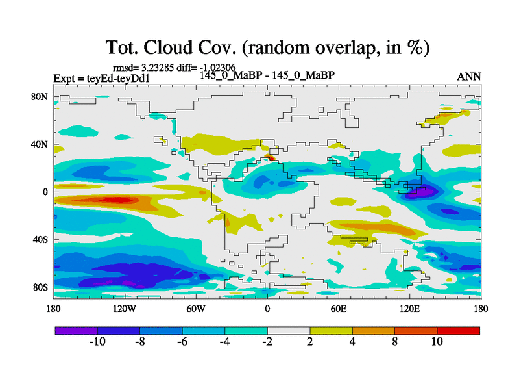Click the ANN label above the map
click(x=469, y=76)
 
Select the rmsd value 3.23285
click(x=159, y=67)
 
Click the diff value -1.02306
click(x=215, y=67)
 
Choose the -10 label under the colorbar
click(x=97, y=342)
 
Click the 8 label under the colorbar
click(x=394, y=342)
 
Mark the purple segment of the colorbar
click(x=76, y=330)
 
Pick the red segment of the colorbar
click(x=458, y=330)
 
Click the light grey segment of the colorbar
click(x=289, y=330)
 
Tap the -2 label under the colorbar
click(x=267, y=342)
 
